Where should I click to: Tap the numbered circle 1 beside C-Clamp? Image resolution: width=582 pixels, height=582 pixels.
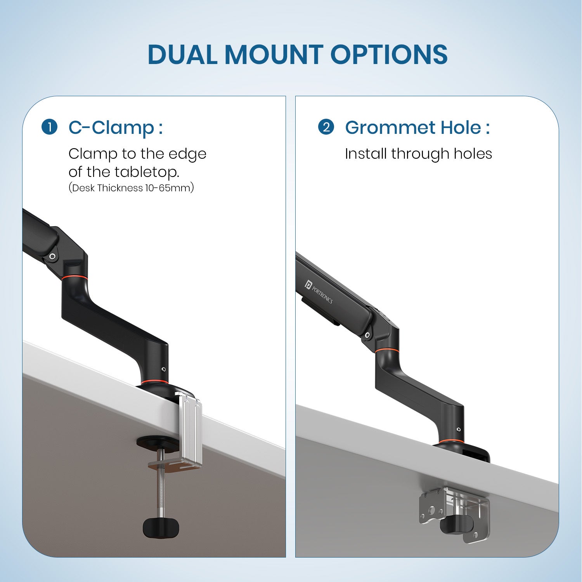point(50,127)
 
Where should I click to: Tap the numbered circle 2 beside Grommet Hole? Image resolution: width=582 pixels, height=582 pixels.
point(326,127)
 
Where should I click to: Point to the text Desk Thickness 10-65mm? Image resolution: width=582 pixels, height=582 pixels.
point(131,188)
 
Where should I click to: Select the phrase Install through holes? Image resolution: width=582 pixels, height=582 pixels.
point(418,154)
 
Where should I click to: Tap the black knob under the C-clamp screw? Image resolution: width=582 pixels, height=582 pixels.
point(161,528)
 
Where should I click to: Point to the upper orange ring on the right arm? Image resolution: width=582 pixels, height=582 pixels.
point(387,350)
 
